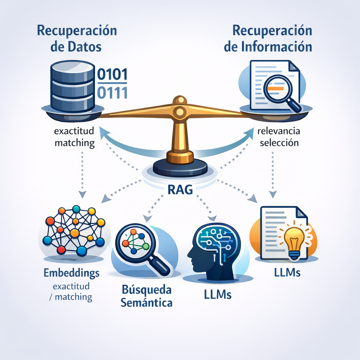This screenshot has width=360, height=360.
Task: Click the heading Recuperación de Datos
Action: click(77, 39)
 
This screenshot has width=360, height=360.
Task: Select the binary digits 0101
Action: click(112, 75)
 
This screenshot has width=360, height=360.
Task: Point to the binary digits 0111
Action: click(112, 92)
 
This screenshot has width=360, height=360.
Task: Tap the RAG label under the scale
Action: click(180, 190)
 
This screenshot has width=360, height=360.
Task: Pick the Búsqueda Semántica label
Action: click(147, 296)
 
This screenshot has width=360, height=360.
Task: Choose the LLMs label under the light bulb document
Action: click(287, 272)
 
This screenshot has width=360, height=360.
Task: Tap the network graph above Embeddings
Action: click(75, 230)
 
